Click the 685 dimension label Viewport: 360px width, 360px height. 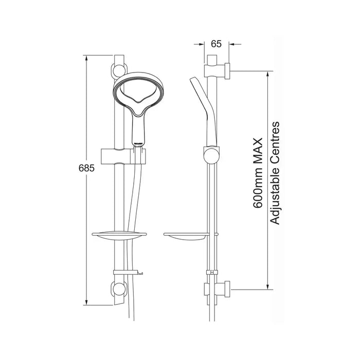tap(86, 168)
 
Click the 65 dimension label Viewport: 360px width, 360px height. tap(217, 44)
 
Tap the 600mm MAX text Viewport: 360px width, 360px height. tap(258, 173)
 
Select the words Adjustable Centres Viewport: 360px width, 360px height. tap(275, 173)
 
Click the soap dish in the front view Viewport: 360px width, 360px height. tap(119, 236)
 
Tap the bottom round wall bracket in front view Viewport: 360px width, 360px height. tap(119, 289)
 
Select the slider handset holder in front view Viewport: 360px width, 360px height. tap(123, 156)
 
